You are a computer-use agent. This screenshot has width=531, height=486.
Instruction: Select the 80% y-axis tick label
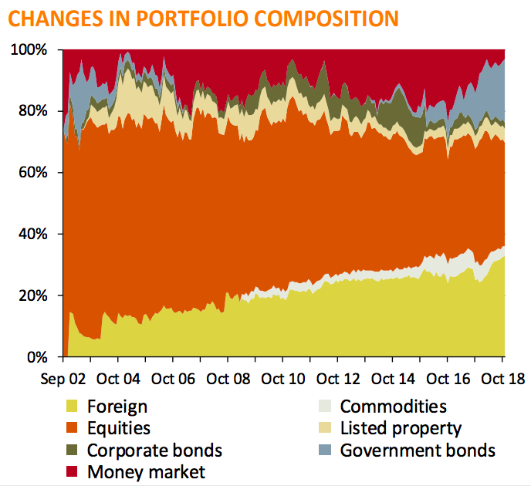tap(31, 111)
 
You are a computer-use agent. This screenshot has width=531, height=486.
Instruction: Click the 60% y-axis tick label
tap(31, 173)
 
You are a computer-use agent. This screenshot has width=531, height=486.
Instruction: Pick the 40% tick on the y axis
tap(31, 234)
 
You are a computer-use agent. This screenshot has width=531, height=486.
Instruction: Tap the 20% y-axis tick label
tap(31, 295)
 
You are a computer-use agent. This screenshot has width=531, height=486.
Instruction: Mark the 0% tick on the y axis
tap(36, 357)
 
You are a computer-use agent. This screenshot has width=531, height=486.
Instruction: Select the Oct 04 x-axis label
tap(118, 379)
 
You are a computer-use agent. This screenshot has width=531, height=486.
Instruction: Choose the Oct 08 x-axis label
tap(228, 379)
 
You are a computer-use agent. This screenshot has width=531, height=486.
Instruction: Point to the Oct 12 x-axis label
tap(338, 379)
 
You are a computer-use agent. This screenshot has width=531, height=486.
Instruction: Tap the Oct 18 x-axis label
tap(502, 379)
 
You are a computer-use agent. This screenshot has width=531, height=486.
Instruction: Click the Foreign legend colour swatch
tap(73, 407)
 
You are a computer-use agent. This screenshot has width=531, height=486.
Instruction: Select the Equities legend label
tap(119, 428)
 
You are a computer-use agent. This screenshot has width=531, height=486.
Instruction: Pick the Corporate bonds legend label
tap(154, 450)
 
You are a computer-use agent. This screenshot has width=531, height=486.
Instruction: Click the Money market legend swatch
tap(73, 471)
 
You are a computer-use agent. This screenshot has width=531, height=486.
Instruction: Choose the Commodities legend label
tap(393, 407)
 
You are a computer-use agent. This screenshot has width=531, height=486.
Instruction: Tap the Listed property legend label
tap(401, 428)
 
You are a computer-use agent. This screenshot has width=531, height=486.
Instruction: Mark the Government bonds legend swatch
tap(325, 450)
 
